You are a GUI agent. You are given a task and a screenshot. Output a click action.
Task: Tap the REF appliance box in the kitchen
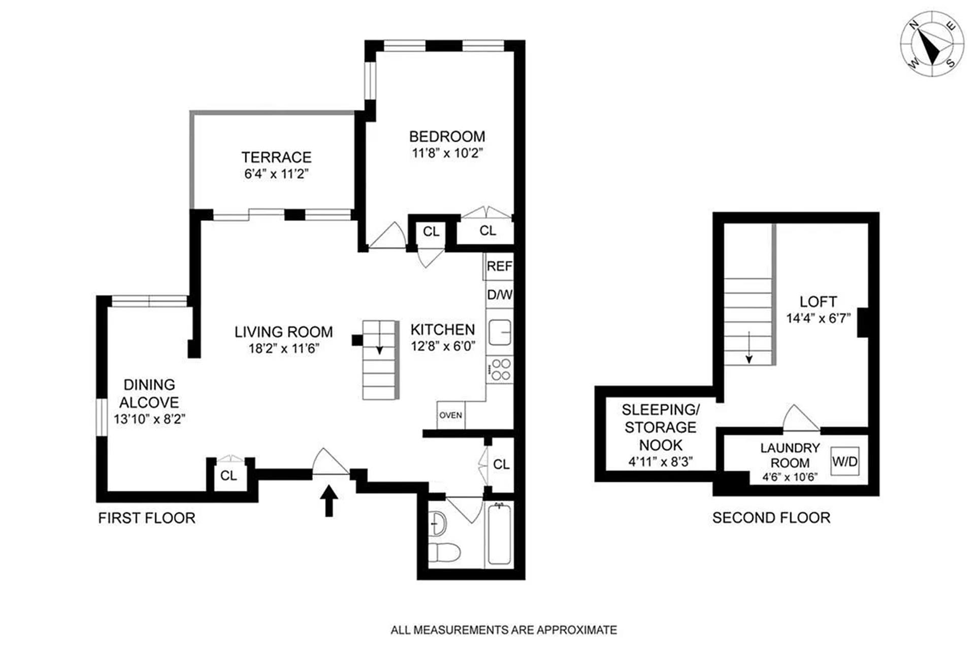click(499, 267)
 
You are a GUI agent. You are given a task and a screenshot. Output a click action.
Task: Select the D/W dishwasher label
click(500, 295)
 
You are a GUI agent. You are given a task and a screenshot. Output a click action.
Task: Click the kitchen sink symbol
click(500, 333)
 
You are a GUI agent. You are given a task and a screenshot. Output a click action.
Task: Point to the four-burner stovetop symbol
click(500, 370)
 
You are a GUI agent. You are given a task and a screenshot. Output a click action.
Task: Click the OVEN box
click(450, 415)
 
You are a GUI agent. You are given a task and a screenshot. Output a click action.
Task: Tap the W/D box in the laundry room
click(844, 461)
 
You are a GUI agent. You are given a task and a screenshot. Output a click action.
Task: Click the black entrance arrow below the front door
click(329, 501)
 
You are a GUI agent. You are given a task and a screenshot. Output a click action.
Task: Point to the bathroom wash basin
click(437, 523)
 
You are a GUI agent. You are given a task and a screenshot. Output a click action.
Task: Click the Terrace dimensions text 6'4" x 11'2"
click(276, 174)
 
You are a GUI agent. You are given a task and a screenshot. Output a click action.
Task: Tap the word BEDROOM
click(447, 137)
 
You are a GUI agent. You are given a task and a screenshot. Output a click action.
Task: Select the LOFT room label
click(818, 302)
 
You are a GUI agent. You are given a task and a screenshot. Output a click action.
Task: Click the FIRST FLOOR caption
click(147, 518)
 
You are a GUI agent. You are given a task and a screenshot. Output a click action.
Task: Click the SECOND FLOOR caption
click(771, 518)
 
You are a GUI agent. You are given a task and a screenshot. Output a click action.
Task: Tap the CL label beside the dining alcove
click(229, 476)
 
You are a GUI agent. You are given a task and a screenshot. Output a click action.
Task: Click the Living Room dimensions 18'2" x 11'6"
click(283, 349)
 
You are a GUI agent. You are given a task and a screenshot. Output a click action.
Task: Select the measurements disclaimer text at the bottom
click(503, 630)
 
